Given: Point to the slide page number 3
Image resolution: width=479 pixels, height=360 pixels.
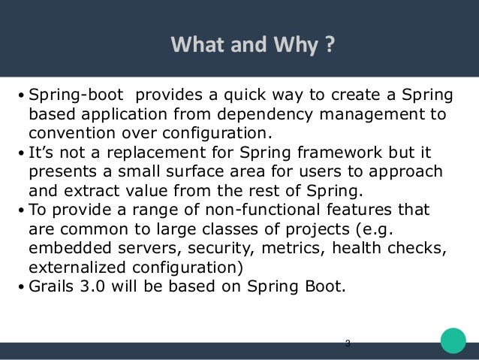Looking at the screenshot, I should [x=347, y=344].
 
